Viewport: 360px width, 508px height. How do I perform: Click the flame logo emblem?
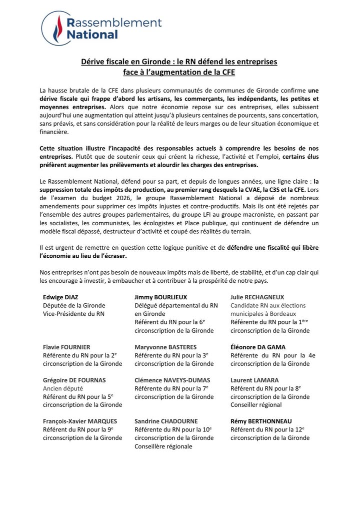(x=56, y=29)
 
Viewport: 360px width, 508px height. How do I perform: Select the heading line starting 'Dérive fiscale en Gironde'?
(x=179, y=62)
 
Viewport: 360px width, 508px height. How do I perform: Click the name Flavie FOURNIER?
(x=66, y=347)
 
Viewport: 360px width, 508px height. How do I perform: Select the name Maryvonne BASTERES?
(x=165, y=347)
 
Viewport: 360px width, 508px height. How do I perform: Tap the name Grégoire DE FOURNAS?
(x=74, y=380)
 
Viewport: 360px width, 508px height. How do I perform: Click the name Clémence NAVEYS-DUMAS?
(x=172, y=380)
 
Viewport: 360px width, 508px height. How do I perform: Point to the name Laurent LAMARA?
(x=254, y=380)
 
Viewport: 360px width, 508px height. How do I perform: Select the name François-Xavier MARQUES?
(x=80, y=421)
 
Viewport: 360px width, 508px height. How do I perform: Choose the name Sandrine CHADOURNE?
(x=166, y=421)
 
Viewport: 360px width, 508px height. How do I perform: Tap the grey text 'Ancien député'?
(x=63, y=388)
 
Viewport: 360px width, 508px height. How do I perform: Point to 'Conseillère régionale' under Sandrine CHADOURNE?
(x=163, y=446)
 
